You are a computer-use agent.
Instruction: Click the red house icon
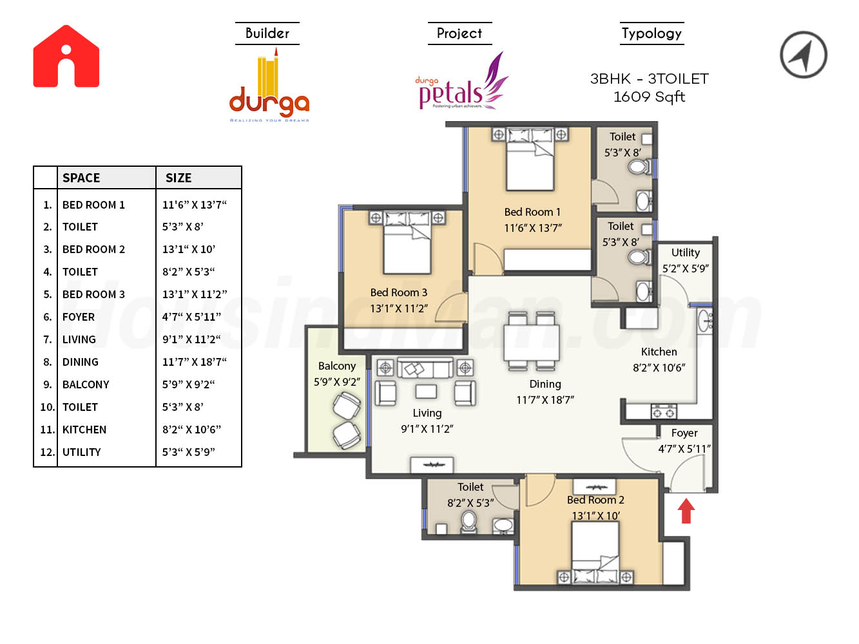point(66,57)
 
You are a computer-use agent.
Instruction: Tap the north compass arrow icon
point(804,55)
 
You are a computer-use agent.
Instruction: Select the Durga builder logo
point(269,88)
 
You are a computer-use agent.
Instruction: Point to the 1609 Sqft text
point(649,97)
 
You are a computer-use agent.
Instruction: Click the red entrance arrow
point(686,511)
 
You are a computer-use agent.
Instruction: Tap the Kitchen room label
point(659,352)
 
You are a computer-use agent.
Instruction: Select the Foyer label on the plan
point(684,433)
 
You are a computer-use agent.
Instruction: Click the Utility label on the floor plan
point(686,253)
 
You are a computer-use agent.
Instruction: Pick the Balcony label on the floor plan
point(337,366)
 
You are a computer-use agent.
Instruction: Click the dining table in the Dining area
point(532,342)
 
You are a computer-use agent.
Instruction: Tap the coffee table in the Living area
point(426,391)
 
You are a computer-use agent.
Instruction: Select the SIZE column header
point(179,178)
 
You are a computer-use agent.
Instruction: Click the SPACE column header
point(81,178)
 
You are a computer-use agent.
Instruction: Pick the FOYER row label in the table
point(79,317)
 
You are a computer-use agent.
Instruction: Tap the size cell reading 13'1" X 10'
point(189,249)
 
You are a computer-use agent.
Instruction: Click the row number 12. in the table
point(47,452)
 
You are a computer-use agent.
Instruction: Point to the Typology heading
point(651,33)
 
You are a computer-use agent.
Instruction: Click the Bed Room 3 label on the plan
point(399,293)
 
